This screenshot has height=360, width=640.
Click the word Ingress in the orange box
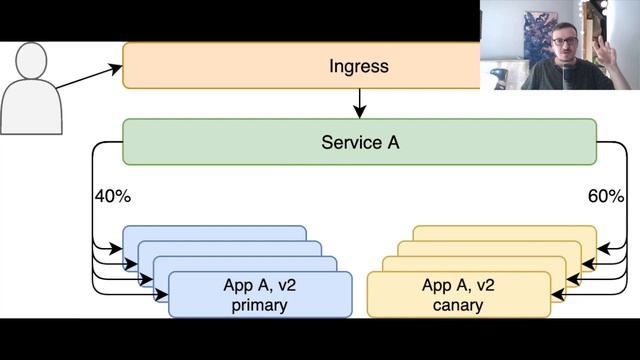coord(358,67)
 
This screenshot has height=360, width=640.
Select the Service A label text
coord(360,143)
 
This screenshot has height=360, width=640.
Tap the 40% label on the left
coord(112,196)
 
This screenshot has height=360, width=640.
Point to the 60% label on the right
coord(606,196)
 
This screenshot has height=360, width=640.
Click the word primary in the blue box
coord(260,305)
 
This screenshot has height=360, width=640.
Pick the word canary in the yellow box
coord(459,305)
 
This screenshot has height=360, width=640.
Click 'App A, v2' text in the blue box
coord(260,285)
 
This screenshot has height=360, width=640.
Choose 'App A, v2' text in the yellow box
coord(459,285)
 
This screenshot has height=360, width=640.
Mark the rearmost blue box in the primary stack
coord(214,233)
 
